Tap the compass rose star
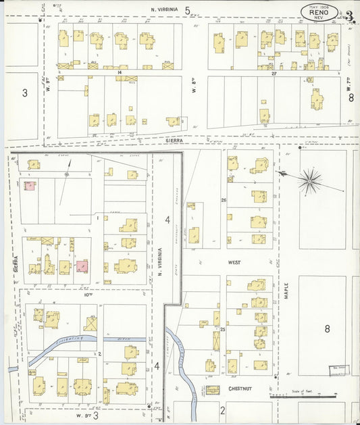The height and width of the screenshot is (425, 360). tap(310, 179)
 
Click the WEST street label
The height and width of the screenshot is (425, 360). tap(234, 261)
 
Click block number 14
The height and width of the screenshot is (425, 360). tap(119, 71)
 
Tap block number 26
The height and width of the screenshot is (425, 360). tap(223, 200)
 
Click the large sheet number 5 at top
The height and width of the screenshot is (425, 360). tap(188, 11)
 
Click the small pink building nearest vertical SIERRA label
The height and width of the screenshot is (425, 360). tap(30, 185)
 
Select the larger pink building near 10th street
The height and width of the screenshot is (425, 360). tap(81, 266)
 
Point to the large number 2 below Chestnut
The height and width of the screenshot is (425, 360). tap(222, 409)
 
